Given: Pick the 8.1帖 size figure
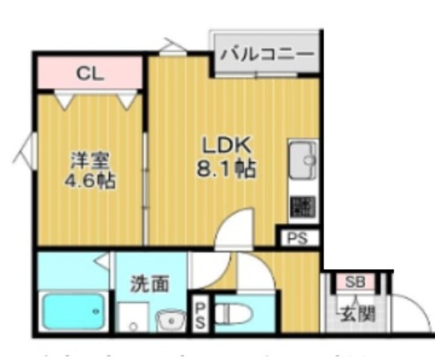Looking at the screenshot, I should pos(226,169).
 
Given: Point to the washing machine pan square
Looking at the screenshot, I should pos(133,317).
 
